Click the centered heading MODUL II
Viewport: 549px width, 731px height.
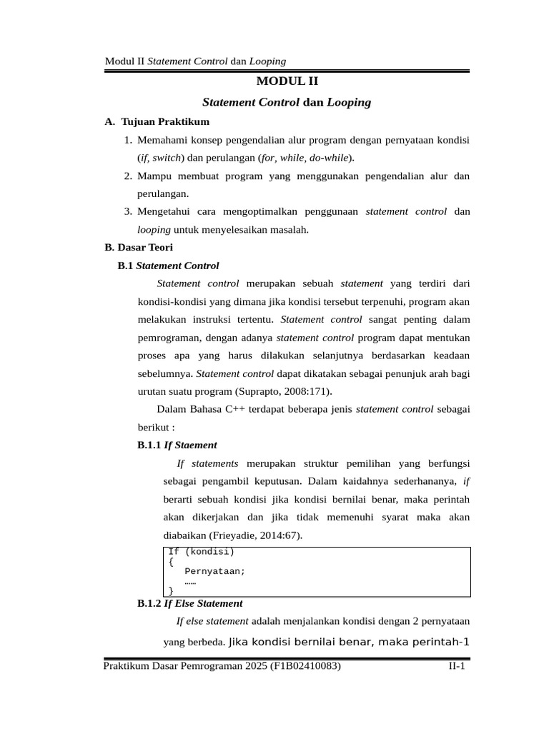tap(287, 82)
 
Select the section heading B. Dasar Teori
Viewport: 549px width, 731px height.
tap(139, 248)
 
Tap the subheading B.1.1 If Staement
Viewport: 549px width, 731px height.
tap(177, 445)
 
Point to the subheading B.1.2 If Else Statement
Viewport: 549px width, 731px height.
tap(189, 603)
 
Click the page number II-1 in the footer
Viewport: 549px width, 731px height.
tap(456, 666)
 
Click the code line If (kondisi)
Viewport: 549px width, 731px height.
tap(201, 552)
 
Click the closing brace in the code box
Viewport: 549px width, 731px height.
tap(170, 591)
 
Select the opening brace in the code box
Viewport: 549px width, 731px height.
tap(170, 562)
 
